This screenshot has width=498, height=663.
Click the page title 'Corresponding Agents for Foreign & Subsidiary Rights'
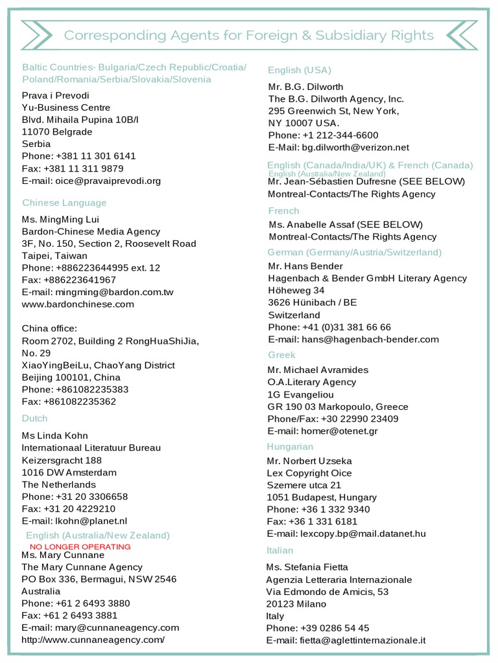click(x=249, y=35)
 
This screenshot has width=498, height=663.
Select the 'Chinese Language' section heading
click(x=64, y=203)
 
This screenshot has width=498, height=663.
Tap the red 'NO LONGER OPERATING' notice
click(x=80, y=546)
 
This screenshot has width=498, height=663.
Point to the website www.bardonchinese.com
click(x=78, y=304)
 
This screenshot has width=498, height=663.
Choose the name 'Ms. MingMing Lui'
click(x=64, y=219)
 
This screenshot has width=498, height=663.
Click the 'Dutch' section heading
click(x=35, y=418)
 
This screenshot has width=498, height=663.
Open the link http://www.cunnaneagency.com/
click(x=93, y=640)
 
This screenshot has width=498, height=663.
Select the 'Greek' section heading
click(x=281, y=355)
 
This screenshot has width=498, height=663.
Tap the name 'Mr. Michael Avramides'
click(x=318, y=370)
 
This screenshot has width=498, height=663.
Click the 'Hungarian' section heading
click(x=290, y=447)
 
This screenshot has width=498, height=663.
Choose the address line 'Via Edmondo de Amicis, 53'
click(x=327, y=592)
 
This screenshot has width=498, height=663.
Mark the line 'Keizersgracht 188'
click(x=62, y=460)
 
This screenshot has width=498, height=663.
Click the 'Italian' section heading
click(x=280, y=550)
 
